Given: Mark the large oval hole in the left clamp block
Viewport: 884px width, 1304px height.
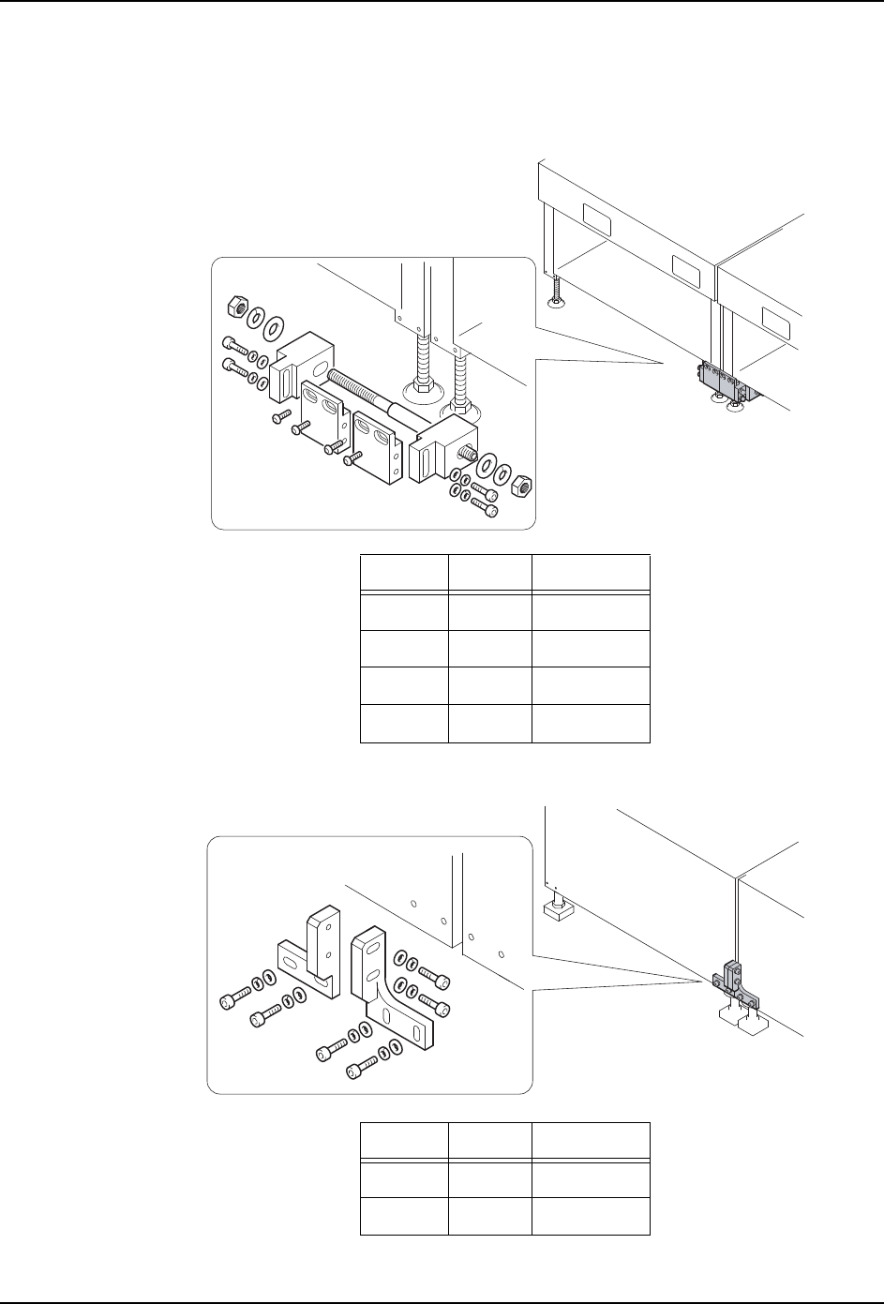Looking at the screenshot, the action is click(318, 357).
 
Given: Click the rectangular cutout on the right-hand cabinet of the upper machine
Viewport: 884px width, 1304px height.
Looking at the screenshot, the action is click(780, 321).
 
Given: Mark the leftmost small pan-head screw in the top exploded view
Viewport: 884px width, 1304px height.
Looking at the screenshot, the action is click(279, 415).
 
